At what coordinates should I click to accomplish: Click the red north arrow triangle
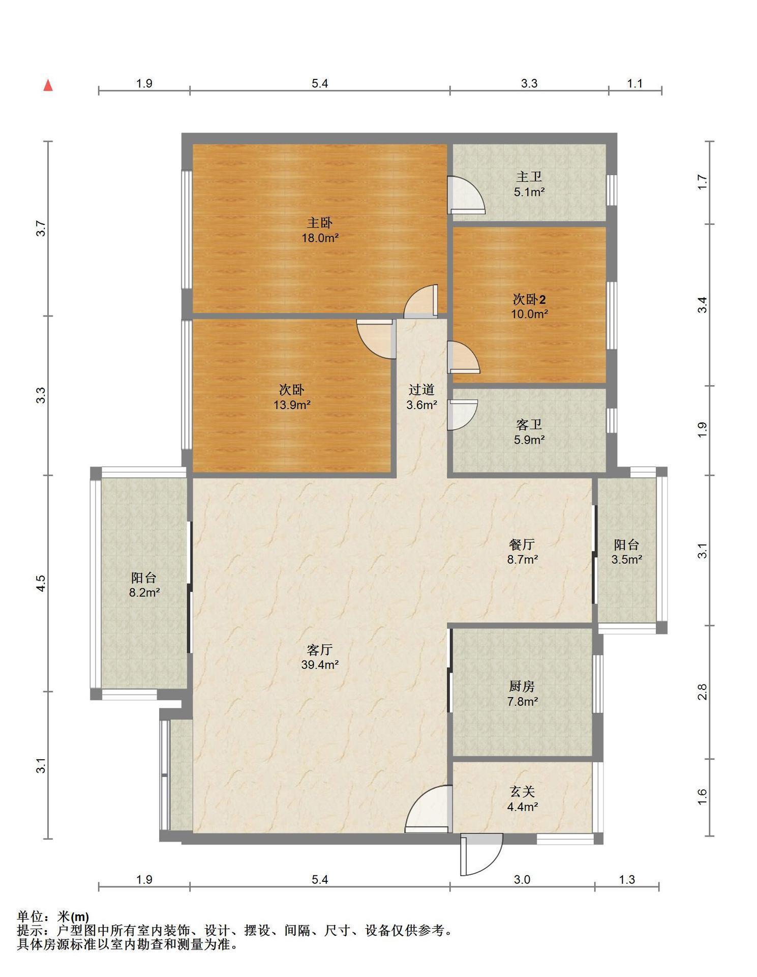point(48,85)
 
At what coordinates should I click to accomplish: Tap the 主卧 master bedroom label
point(320,222)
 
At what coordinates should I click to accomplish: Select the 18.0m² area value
point(320,238)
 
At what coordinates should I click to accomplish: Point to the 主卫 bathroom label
point(529,177)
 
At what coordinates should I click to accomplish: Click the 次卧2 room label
point(529,299)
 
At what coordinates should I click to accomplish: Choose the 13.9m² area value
point(292,405)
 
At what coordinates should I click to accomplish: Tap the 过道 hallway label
point(422,390)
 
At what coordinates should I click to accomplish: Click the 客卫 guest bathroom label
point(529,424)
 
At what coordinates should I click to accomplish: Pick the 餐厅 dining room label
point(522,544)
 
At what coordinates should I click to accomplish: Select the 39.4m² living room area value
point(320,664)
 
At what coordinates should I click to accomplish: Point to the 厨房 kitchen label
point(522,686)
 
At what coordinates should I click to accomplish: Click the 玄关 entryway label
point(522,792)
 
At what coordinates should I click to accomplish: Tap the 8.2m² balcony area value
point(144,592)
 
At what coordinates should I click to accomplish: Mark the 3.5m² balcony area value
point(626,559)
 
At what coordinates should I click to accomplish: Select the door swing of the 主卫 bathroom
point(465,195)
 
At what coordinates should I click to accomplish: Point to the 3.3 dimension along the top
point(529,83)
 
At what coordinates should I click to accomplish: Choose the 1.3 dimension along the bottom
point(627,880)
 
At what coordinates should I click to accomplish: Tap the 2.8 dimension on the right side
point(702,692)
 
